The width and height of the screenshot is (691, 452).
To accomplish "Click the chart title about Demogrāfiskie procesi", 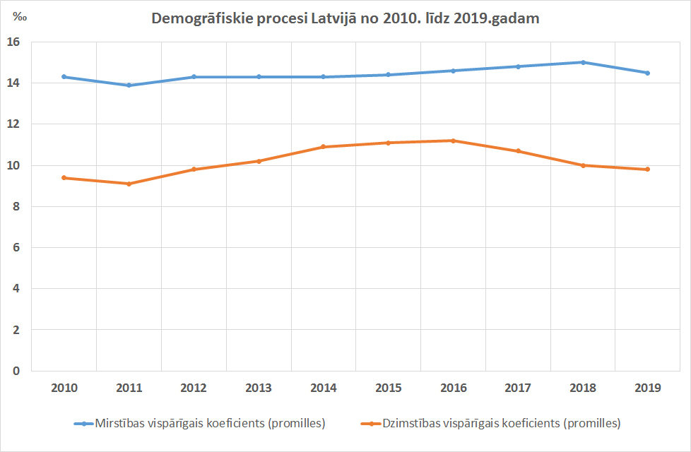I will (x=345, y=19).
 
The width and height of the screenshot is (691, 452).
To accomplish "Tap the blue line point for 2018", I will (x=583, y=62).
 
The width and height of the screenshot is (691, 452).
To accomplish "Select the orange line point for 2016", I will (x=453, y=141).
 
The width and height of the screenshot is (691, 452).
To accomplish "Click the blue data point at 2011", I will (x=129, y=85).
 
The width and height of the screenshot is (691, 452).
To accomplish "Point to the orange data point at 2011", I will (x=129, y=184).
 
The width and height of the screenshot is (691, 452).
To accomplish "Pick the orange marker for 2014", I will (x=324, y=147).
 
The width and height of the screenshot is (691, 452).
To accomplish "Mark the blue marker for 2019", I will (x=647, y=73).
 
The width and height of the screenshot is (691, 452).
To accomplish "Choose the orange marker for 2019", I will (x=647, y=169).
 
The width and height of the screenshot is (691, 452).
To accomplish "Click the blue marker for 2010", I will (x=64, y=76).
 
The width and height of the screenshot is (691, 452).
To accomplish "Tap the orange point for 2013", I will (x=259, y=161).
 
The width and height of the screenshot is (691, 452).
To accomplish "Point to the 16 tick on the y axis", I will (x=15, y=42).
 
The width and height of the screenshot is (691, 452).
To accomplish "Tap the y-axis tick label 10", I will (x=15, y=165).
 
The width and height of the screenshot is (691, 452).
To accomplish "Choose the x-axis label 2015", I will (x=388, y=388).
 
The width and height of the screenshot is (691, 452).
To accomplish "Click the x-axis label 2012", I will (x=194, y=388).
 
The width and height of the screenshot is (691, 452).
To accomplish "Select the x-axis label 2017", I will (x=518, y=388).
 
